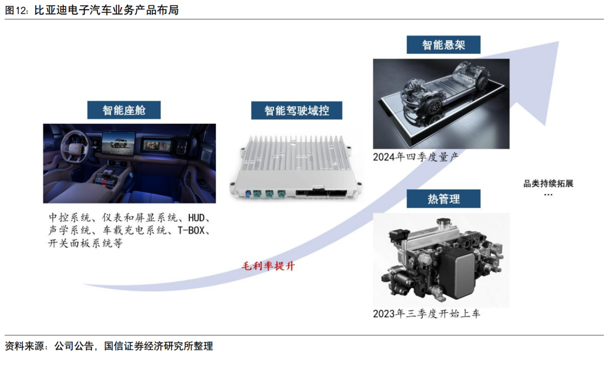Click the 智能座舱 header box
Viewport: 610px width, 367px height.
click(x=124, y=110)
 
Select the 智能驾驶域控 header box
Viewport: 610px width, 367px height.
click(x=297, y=111)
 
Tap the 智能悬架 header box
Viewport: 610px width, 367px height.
click(x=443, y=45)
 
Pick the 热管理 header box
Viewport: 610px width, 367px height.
click(x=443, y=199)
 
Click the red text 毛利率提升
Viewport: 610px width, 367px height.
click(x=268, y=266)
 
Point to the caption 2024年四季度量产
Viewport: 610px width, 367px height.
click(x=416, y=156)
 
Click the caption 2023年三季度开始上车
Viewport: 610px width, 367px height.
click(x=426, y=313)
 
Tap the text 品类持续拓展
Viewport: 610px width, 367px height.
click(x=548, y=183)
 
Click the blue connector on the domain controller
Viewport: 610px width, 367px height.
click(x=248, y=193)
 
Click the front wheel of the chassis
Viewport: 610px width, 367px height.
click(x=433, y=107)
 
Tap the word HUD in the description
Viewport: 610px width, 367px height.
click(x=196, y=217)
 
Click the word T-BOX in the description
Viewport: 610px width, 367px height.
click(x=191, y=230)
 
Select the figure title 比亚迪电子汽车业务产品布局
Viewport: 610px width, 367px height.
click(x=106, y=10)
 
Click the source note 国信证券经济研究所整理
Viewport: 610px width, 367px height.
click(x=158, y=346)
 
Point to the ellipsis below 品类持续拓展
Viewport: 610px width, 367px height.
click(x=548, y=194)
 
